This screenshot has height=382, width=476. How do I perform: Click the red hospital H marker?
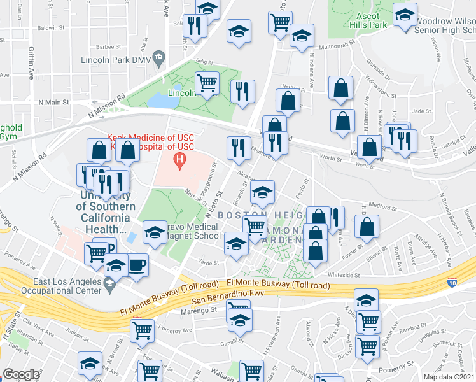[181, 159]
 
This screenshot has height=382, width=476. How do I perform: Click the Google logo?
[20, 374]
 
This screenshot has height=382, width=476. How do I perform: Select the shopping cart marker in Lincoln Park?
[207, 82]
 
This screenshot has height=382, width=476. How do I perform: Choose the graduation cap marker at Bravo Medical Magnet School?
[155, 232]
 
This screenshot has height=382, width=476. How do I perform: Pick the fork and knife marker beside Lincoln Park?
[242, 91]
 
